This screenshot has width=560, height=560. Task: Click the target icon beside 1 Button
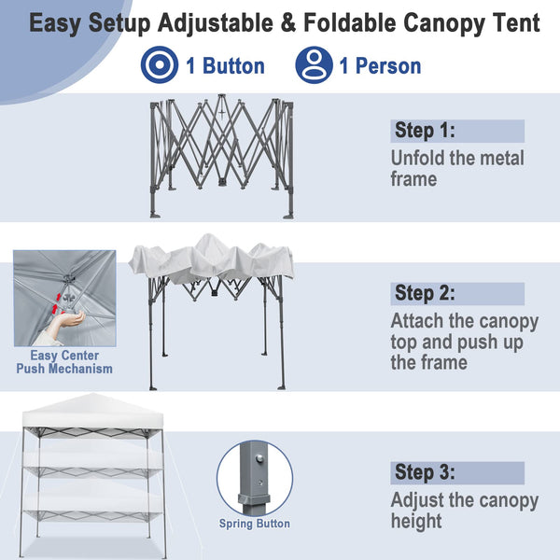(158, 66)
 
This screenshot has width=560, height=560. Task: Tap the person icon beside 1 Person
(314, 66)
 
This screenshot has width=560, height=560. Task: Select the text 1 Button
(225, 66)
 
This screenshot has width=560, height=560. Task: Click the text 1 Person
(380, 66)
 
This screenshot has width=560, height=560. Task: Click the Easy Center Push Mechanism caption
(64, 362)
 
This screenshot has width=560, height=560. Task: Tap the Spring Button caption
(255, 524)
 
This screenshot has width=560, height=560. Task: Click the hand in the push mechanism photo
(64, 322)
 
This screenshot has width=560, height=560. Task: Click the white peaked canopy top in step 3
(86, 410)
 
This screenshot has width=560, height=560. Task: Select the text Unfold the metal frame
(457, 168)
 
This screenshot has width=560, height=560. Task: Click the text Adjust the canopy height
(464, 511)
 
